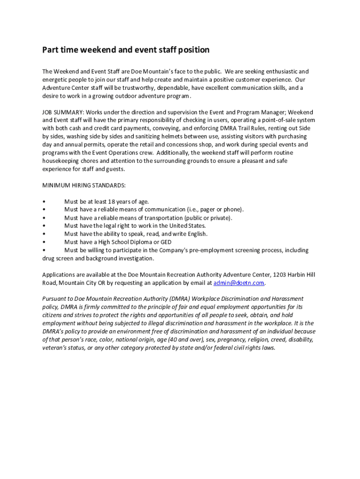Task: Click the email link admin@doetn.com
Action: [x=239, y=283]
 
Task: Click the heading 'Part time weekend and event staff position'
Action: [x=126, y=50]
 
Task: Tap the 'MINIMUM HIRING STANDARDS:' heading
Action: [x=84, y=185]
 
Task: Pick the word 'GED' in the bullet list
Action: [x=166, y=242]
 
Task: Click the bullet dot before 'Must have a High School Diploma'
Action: [x=43, y=242]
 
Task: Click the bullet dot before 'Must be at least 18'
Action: [x=43, y=202]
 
